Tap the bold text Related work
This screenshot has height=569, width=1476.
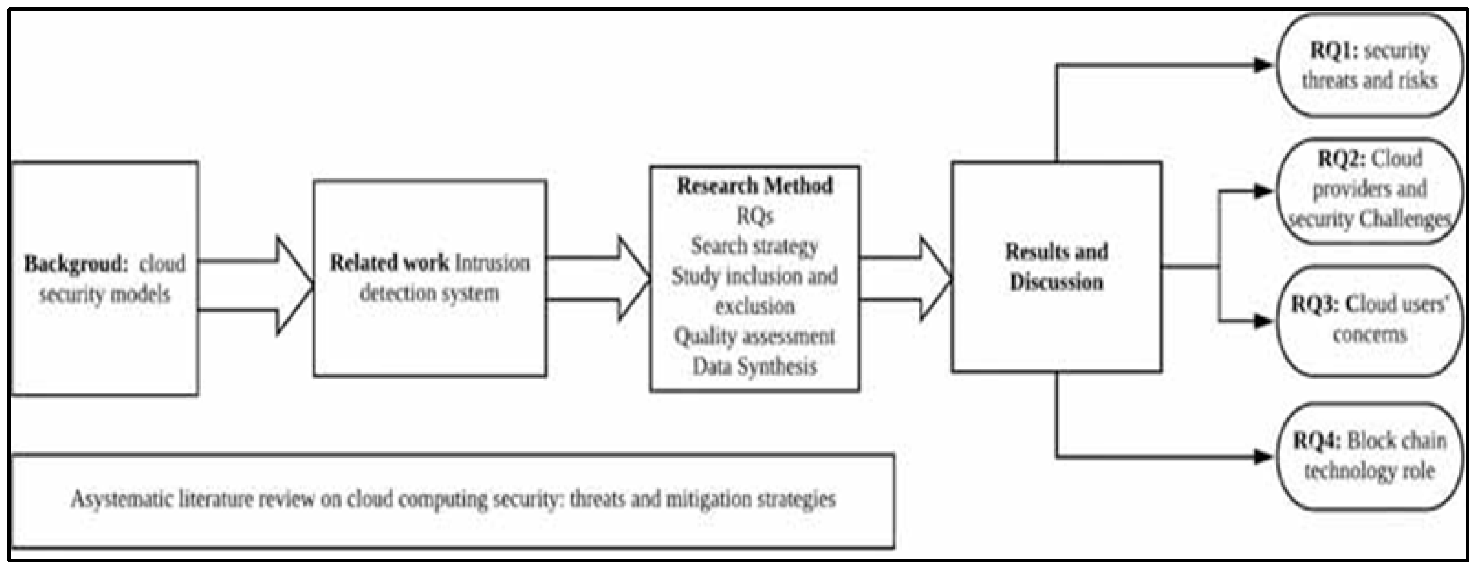389,263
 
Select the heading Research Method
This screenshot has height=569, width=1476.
754,186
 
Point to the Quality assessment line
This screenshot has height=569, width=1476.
754,336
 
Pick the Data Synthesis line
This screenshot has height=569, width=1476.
754,366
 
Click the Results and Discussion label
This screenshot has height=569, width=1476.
1056,267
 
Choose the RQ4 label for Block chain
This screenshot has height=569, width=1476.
1317,441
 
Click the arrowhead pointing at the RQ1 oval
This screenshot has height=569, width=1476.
1263,65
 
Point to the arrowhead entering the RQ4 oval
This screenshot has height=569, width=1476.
1263,456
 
